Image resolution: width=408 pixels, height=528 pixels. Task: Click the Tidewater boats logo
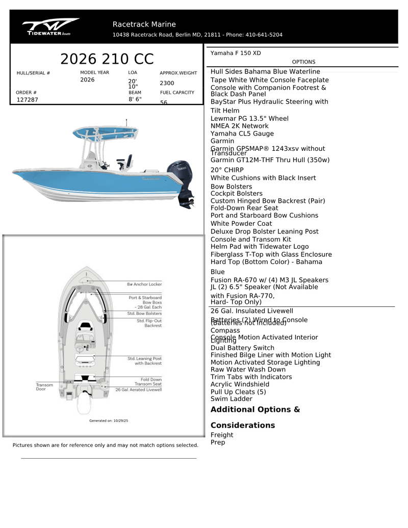pyautogui.click(x=50, y=27)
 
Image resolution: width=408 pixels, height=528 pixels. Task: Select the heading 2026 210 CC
pyautogui.click(x=107, y=59)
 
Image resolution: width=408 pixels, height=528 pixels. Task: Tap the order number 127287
pyautogui.click(x=28, y=100)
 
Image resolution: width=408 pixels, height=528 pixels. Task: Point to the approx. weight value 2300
pyautogui.click(x=167, y=83)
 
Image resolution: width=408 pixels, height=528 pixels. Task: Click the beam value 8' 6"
pyautogui.click(x=135, y=99)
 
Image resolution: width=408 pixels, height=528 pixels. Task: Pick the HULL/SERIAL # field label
pyautogui.click(x=33, y=73)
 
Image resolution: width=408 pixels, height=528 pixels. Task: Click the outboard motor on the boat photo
pyautogui.click(x=181, y=181)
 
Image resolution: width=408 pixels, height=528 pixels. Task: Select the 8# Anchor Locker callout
pyautogui.click(x=144, y=284)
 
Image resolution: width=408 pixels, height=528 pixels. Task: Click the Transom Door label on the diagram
pyautogui.click(x=44, y=387)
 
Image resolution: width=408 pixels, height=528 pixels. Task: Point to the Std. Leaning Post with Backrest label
pyautogui.click(x=144, y=361)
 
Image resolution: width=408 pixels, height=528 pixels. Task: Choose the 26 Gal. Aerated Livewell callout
pyautogui.click(x=138, y=389)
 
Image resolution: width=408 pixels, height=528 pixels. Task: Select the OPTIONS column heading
pyautogui.click(x=303, y=62)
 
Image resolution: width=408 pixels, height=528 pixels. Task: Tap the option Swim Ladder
pyautogui.click(x=231, y=399)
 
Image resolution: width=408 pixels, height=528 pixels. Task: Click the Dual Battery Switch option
pyautogui.click(x=242, y=348)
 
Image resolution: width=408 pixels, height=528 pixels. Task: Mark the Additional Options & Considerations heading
pyautogui.click(x=255, y=417)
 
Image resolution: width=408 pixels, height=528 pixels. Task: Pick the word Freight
pyautogui.click(x=222, y=435)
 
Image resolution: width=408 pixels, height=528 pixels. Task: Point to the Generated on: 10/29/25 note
pyautogui.click(x=109, y=421)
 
